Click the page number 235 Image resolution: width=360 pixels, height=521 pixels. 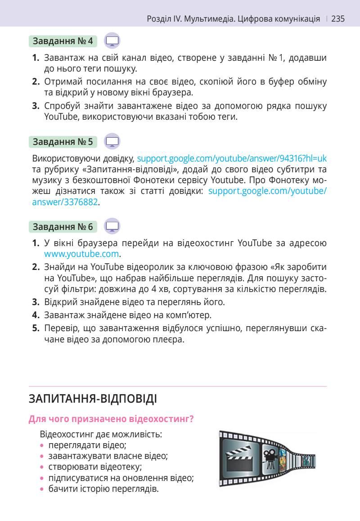(338, 19)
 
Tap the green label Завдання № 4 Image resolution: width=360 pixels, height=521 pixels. (63, 41)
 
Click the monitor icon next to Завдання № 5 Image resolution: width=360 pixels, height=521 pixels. (112, 142)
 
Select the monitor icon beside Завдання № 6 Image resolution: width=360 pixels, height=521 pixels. (112, 226)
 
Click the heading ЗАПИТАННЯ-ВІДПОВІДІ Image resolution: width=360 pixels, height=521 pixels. (93, 399)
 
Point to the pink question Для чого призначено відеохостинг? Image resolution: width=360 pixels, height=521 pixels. (111, 419)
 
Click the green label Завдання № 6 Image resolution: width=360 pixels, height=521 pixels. (63, 226)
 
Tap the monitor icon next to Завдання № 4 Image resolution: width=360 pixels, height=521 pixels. (112, 41)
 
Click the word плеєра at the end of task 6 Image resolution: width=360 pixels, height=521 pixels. (171, 339)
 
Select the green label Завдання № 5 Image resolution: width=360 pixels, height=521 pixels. (63, 142)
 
